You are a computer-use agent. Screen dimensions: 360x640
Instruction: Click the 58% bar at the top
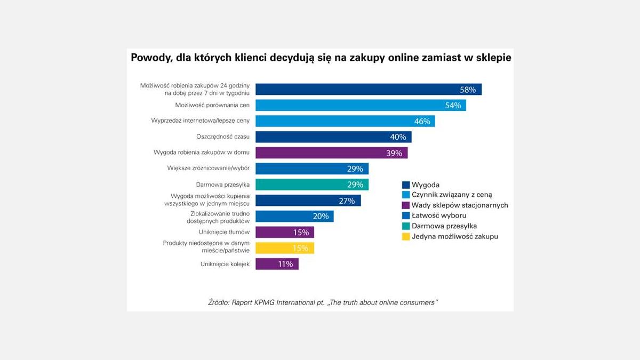click(368, 89)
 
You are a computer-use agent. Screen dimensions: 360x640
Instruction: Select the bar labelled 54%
click(361, 105)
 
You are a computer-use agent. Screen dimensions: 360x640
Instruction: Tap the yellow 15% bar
click(284, 248)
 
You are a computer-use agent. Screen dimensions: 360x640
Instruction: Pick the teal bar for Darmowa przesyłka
click(311, 185)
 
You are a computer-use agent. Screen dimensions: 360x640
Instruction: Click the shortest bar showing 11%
click(277, 264)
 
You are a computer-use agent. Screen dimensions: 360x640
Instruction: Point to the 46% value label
click(422, 121)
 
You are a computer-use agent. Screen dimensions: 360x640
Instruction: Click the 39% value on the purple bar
click(395, 153)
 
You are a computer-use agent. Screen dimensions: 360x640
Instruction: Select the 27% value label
click(347, 201)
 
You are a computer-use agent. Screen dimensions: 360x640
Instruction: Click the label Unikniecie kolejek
click(225, 264)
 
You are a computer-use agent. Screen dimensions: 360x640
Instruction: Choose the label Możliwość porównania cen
click(212, 105)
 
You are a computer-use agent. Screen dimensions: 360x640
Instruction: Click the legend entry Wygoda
click(425, 185)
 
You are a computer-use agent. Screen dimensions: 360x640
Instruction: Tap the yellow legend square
click(405, 236)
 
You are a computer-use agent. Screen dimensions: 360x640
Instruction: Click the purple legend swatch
click(405, 205)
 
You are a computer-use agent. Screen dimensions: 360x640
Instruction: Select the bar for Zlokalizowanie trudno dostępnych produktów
click(294, 217)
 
